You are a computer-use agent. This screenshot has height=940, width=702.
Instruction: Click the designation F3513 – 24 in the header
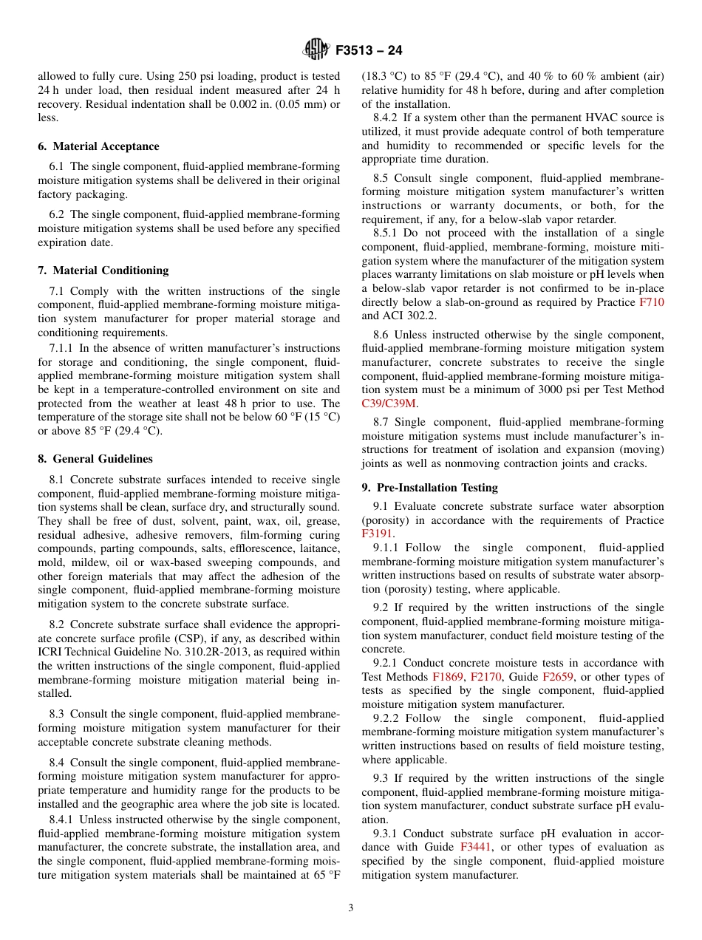(369, 51)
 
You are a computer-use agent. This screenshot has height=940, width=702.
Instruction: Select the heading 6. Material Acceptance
(98, 146)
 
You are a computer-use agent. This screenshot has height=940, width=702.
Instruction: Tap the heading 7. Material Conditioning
(103, 270)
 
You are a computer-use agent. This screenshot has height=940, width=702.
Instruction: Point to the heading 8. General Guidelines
(95, 459)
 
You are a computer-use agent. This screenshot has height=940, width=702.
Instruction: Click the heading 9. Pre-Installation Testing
(429, 488)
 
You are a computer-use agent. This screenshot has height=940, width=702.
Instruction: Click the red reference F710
(651, 302)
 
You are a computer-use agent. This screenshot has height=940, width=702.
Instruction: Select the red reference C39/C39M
(389, 403)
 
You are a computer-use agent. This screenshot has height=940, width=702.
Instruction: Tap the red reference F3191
(377, 534)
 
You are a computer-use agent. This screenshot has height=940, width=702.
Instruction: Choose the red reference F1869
(447, 677)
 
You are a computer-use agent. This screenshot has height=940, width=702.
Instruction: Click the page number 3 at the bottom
(351, 908)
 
